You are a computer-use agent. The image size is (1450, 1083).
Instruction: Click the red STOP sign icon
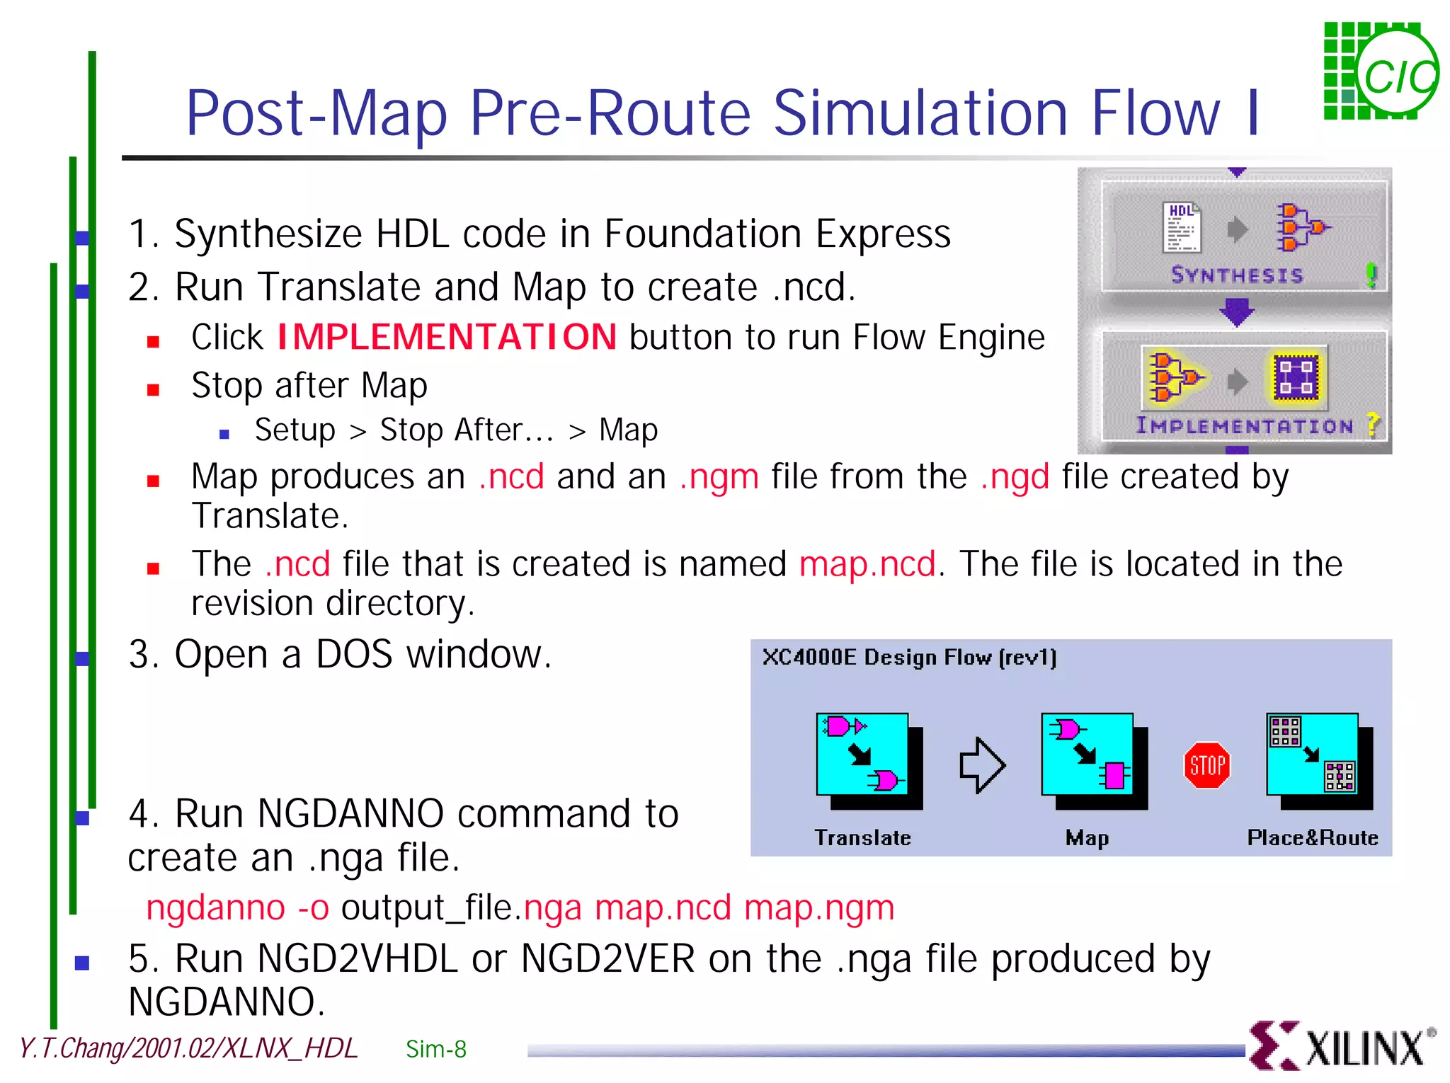coord(1206,765)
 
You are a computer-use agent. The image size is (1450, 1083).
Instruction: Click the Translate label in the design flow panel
coord(862,837)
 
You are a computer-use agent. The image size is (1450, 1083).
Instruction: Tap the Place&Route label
coord(1312,837)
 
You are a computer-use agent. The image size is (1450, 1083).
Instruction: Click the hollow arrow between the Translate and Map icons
coord(982,765)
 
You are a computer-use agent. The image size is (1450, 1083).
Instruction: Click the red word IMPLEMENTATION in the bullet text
coord(447,337)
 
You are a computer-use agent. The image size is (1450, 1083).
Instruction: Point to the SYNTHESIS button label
coord(1236,275)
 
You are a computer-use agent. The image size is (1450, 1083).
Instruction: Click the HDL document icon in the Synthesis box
coord(1181,227)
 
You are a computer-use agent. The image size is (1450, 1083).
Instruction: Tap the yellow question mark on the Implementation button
coord(1373,425)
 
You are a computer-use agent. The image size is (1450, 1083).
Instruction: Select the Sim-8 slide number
coord(436,1049)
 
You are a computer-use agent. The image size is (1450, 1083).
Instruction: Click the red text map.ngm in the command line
coord(819,907)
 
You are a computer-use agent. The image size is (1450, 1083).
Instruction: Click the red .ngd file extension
coord(1015,476)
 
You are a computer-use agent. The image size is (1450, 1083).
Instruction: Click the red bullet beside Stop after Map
coord(153,389)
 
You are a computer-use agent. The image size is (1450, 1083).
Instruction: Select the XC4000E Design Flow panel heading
coord(909,658)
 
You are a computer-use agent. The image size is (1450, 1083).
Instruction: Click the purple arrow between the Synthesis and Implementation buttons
coord(1236,311)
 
